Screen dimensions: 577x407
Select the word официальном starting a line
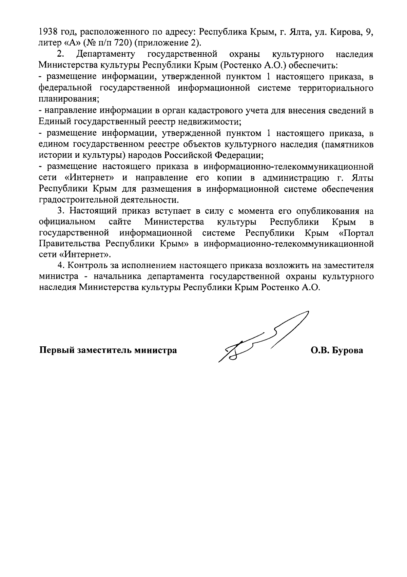point(67,222)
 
